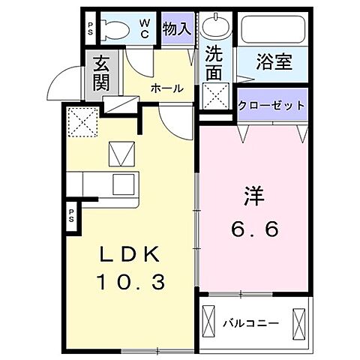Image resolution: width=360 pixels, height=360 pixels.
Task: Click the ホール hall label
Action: click(x=166, y=88)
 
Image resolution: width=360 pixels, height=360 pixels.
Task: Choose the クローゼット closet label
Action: click(x=271, y=106)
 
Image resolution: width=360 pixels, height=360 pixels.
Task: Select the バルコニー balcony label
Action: click(x=251, y=324)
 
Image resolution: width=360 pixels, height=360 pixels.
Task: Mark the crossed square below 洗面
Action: click(x=218, y=95)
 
